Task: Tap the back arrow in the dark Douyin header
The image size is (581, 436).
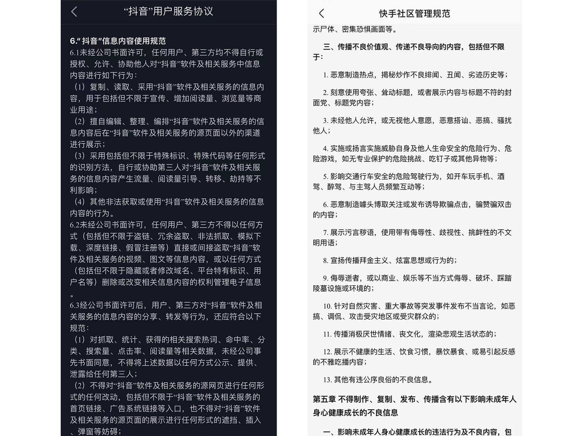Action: pos(74,12)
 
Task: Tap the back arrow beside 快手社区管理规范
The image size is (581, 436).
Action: pos(321,14)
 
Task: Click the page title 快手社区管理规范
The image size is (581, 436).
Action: pos(414,14)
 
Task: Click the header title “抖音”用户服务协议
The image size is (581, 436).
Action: pos(168,11)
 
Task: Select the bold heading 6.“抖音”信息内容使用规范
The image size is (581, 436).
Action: pos(118,41)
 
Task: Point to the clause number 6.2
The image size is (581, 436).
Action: pos(75,225)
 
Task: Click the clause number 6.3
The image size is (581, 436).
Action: pos(75,305)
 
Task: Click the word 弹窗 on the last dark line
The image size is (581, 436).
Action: pos(86,431)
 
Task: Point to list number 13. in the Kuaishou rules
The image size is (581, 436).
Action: pos(327,380)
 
